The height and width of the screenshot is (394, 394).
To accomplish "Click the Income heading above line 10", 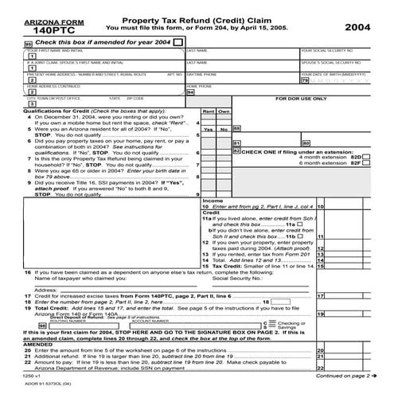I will pos(213,201).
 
